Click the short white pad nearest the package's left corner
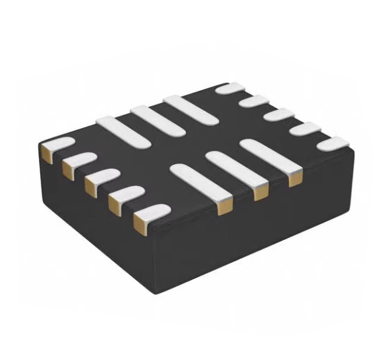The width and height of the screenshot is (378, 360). click(x=56, y=145)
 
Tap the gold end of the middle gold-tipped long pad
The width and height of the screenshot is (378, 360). click(x=260, y=192)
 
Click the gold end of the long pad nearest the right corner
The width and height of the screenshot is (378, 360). click(x=296, y=178)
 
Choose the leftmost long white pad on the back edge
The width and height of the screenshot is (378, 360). click(x=123, y=131)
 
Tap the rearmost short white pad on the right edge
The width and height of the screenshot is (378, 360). click(x=232, y=88)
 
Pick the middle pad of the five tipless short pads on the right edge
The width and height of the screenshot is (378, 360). click(x=278, y=115)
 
